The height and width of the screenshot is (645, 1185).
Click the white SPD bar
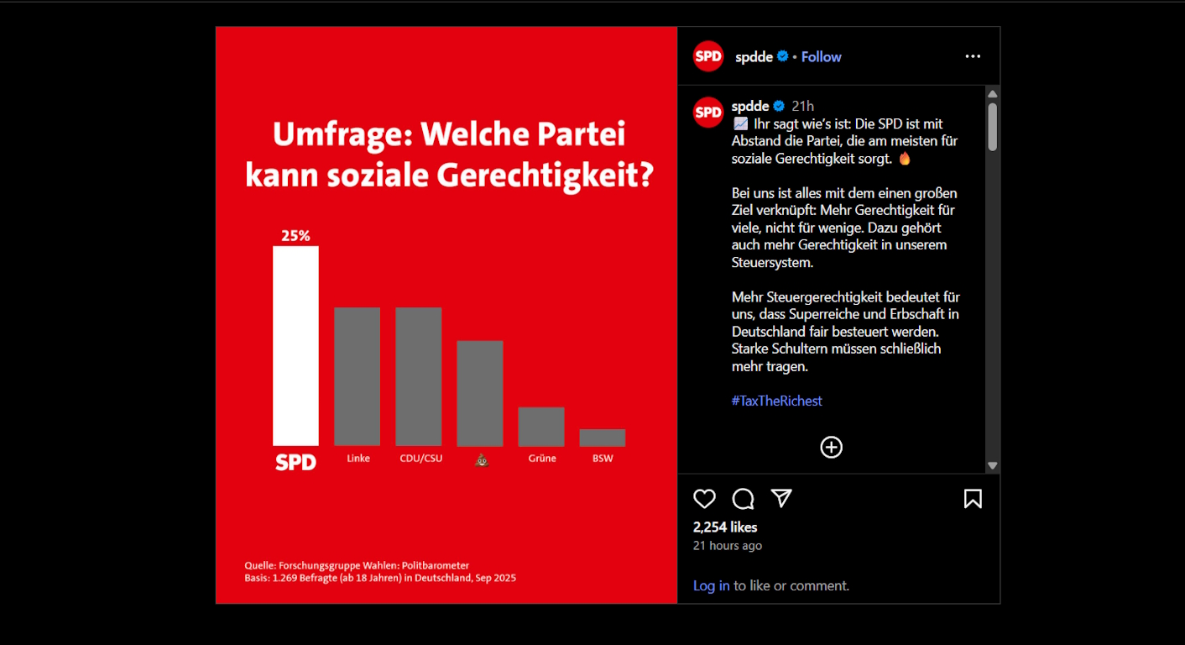pyautogui.click(x=295, y=345)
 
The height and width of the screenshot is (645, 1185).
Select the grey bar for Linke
pyautogui.click(x=357, y=376)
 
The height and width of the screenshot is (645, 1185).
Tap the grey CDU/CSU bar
pyautogui.click(x=418, y=376)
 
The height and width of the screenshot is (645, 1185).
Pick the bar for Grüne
pyautogui.click(x=540, y=426)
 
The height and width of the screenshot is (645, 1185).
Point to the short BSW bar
pyautogui.click(x=602, y=438)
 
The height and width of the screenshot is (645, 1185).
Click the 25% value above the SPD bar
pyautogui.click(x=295, y=236)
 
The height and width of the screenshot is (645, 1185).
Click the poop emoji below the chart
pyautogui.click(x=481, y=459)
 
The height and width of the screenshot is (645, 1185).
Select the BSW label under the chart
pyautogui.click(x=602, y=459)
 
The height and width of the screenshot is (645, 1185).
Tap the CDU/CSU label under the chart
pyautogui.click(x=420, y=459)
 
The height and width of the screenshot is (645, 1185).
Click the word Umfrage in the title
pyautogui.click(x=341, y=135)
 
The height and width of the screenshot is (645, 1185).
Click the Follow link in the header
pyautogui.click(x=821, y=57)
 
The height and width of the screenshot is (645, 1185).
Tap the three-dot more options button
pyautogui.click(x=973, y=56)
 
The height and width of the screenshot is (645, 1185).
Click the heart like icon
pyautogui.click(x=704, y=499)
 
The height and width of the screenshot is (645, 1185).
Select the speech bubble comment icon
pyautogui.click(x=743, y=499)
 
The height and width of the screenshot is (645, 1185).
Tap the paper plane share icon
pyautogui.click(x=781, y=499)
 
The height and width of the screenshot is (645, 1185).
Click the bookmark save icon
pyautogui.click(x=973, y=499)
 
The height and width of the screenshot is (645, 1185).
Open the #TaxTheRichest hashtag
pyautogui.click(x=776, y=401)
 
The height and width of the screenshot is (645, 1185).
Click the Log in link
pyautogui.click(x=711, y=585)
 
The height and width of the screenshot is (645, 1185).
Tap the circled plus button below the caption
pyautogui.click(x=831, y=447)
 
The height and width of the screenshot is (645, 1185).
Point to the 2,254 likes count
pyautogui.click(x=725, y=527)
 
